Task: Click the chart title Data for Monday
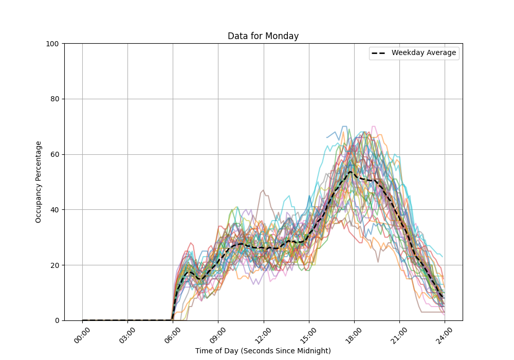[x=263, y=37]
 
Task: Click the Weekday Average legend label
[x=424, y=53]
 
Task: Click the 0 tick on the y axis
[x=57, y=320]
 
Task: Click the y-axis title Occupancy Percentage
[x=39, y=182]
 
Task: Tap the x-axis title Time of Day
[x=263, y=351]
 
